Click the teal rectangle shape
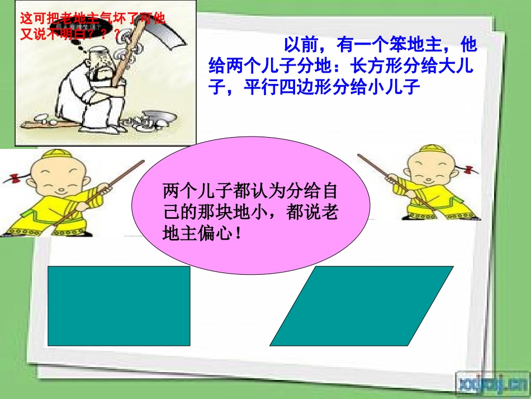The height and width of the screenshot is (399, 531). click(118, 306)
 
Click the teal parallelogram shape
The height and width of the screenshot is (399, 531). click(362, 306)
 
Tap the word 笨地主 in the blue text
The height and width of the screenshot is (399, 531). click(414, 45)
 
